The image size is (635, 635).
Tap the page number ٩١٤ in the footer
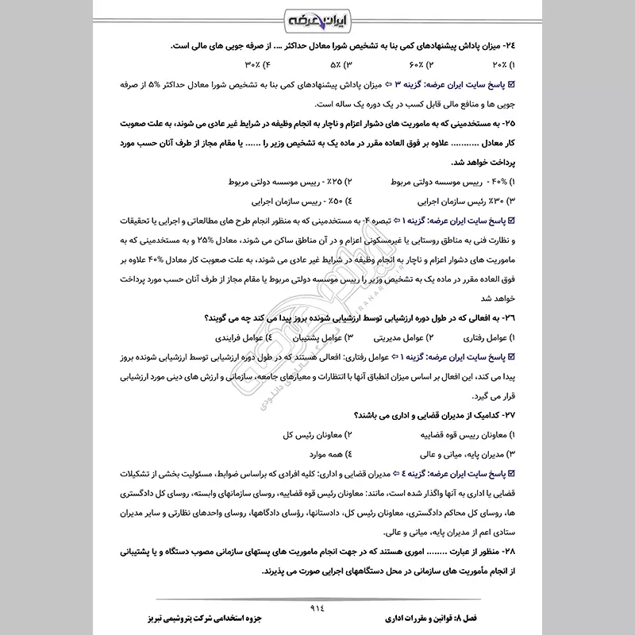[317, 602]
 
